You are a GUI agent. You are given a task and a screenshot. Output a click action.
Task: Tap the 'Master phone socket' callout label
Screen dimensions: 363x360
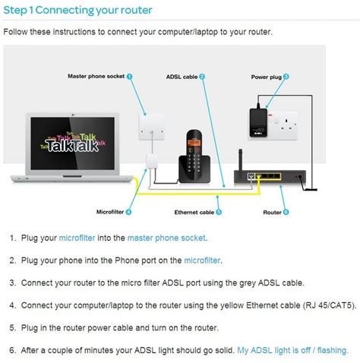[95, 77]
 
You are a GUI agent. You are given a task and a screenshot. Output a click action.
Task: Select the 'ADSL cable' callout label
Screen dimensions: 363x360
[182, 77]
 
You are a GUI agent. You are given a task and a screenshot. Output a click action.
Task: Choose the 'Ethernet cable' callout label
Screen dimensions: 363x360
[193, 212]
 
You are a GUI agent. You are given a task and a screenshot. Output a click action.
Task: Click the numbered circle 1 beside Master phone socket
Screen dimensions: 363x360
[130, 77]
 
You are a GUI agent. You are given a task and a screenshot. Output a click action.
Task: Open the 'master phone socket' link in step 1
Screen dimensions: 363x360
[166, 238]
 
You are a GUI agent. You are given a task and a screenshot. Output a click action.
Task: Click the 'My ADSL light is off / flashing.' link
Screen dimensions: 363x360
[292, 350]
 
